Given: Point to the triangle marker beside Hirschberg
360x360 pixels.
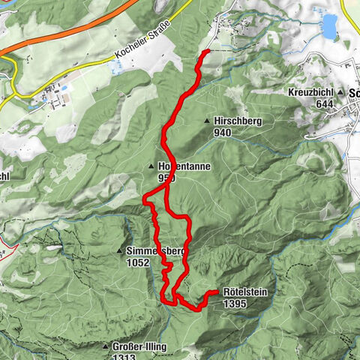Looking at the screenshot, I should pos(207,121).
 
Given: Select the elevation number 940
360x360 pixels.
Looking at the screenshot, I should pos(223,133).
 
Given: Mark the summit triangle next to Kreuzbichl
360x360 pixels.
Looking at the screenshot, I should pos(340,92).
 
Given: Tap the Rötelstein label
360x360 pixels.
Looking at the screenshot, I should pos(246,292).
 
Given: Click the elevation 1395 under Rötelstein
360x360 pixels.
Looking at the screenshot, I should pos(235,304).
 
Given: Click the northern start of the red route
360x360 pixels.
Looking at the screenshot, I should pos(207,51).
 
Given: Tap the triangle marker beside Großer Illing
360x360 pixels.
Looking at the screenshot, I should pos(105,346).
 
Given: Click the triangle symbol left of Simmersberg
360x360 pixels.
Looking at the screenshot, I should pos(118,250).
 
